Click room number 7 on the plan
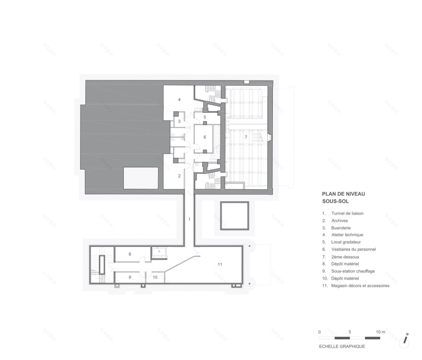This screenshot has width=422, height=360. click(246, 137)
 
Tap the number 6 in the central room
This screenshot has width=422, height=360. click(205, 137)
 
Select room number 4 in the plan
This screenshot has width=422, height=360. click(179, 99)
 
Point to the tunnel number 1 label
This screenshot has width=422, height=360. click(189, 219)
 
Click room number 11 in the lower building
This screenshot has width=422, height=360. click(220, 264)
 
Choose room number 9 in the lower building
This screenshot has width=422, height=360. click(129, 277)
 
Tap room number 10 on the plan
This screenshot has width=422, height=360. click(155, 277)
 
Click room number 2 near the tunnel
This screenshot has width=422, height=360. click(179, 176)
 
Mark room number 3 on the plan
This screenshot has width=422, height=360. click(179, 122)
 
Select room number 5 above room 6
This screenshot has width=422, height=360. click(205, 117)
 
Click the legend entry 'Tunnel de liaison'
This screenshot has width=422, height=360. click(349, 213)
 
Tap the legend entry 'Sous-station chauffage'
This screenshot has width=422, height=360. click(355, 271)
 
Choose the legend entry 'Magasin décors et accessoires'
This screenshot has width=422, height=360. click(360, 286)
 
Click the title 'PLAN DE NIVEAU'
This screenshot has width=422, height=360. click(344, 194)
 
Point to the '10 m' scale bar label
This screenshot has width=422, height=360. click(381, 332)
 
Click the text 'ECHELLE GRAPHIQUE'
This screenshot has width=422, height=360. click(342, 346)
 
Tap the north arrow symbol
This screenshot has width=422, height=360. click(406, 338)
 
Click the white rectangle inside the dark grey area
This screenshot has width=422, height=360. click(141, 178)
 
